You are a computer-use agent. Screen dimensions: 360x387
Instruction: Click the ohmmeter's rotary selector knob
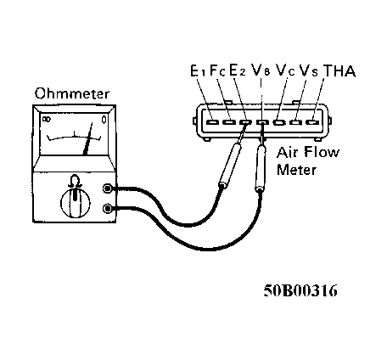click(x=74, y=203)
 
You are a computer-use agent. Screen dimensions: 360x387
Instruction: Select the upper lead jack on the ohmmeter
click(x=108, y=189)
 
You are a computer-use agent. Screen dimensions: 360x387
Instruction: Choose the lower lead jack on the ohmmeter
click(x=108, y=208)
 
